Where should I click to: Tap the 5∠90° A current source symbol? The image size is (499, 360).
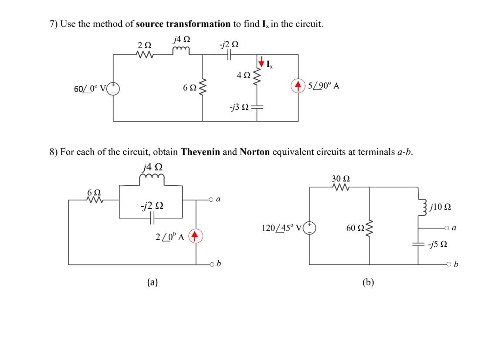point(299,86)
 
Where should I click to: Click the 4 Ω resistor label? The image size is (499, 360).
point(243,75)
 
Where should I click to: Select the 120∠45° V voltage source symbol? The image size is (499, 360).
point(310,228)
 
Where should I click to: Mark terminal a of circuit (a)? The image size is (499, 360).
point(210,200)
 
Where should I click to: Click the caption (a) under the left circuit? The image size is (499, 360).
point(152,282)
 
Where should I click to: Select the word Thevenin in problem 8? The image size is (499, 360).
point(200,152)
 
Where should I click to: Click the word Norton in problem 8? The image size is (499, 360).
point(255,152)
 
